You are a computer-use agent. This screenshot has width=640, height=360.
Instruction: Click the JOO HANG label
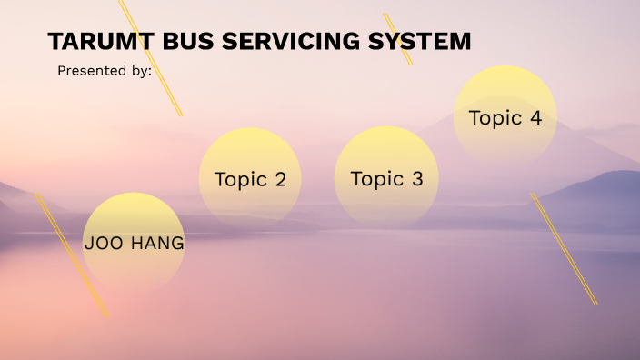pos(134,244)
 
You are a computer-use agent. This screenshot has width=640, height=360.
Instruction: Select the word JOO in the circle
pos(103,244)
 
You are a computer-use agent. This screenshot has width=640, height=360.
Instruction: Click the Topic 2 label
pos(250,179)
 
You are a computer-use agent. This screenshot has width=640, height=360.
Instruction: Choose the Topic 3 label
pos(386,179)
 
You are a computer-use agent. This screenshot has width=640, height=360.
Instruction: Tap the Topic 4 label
pos(505,117)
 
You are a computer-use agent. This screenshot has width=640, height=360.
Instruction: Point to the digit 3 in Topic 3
pos(417,179)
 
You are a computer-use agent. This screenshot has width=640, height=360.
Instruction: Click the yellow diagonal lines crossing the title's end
pos(398,39)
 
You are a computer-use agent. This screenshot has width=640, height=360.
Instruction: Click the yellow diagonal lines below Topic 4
pos(564,247)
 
